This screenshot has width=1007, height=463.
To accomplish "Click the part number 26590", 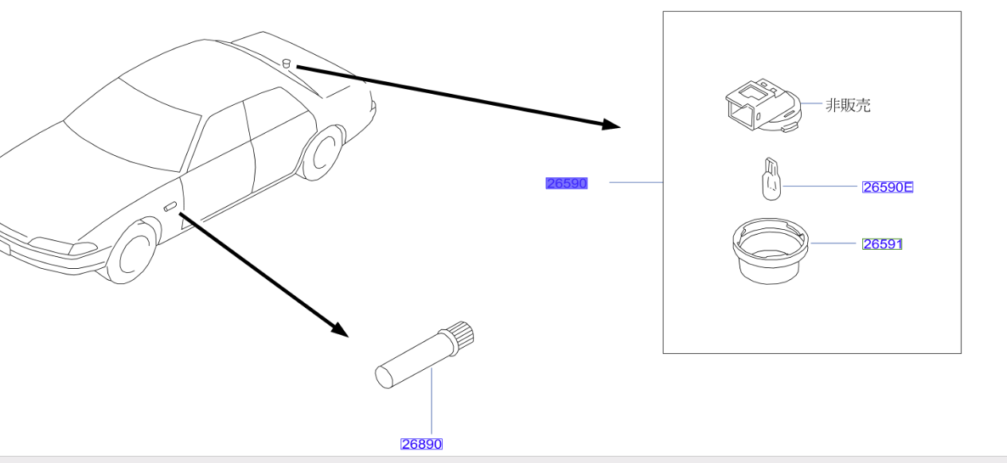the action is [x=567, y=183].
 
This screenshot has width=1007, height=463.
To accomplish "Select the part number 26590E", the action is [x=888, y=187].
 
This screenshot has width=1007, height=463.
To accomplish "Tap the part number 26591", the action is [x=882, y=244].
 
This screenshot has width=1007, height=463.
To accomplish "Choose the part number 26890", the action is [x=421, y=444].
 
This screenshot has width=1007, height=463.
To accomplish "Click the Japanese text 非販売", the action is [x=848, y=105].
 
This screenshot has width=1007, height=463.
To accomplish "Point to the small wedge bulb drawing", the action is [x=771, y=179].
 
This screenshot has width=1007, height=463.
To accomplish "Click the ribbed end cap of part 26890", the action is [x=463, y=335].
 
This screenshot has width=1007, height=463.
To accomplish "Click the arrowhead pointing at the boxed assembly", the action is [x=611, y=124].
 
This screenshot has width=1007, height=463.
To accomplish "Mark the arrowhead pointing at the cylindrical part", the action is [x=341, y=329].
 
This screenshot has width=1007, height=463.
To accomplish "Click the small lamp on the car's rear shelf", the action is [x=287, y=63].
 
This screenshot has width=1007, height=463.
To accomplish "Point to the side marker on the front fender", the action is [x=170, y=206].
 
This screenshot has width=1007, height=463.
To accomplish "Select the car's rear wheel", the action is [x=322, y=153].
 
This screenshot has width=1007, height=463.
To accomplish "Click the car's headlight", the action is [x=63, y=246].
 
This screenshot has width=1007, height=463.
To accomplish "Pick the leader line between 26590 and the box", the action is [x=636, y=182].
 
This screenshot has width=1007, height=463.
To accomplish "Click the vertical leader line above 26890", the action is [x=431, y=401].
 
